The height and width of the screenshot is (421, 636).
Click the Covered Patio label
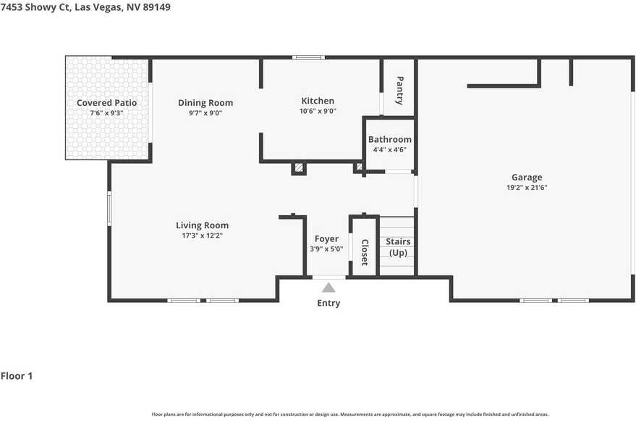point(106,103)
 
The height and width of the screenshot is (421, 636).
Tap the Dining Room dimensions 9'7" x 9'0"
point(205,113)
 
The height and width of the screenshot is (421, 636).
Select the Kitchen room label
point(318,101)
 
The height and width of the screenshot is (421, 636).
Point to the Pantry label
point(399,91)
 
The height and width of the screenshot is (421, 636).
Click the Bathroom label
point(389,139)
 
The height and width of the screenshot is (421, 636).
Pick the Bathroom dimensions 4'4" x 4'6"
point(389,150)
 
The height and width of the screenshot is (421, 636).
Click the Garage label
point(526,177)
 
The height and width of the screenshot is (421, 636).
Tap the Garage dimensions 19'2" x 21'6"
point(526,188)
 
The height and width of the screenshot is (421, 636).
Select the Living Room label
point(202,225)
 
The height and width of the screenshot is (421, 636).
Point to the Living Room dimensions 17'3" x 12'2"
point(202,235)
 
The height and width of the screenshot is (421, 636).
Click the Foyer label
point(326,239)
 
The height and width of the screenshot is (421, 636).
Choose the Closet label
point(365,252)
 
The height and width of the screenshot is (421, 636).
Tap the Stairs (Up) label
point(398,247)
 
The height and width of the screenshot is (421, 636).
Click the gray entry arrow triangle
point(328,288)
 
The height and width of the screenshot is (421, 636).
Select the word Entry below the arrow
point(328,303)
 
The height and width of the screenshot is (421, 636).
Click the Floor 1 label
point(17,376)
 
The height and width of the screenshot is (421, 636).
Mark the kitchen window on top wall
point(308,57)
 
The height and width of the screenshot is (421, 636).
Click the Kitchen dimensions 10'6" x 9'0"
point(318,112)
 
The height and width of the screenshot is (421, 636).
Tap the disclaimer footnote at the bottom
point(350,414)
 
